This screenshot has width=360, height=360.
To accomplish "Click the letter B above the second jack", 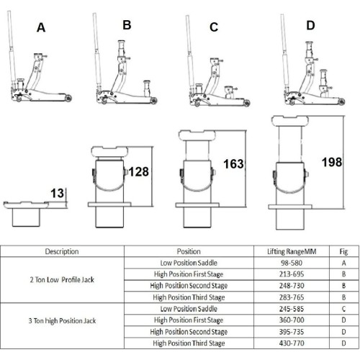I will (x=127, y=25).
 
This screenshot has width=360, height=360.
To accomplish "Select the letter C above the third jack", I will (x=213, y=28).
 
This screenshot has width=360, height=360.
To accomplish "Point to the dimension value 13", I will (x=58, y=192).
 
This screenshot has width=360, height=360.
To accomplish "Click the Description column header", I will (x=62, y=252).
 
